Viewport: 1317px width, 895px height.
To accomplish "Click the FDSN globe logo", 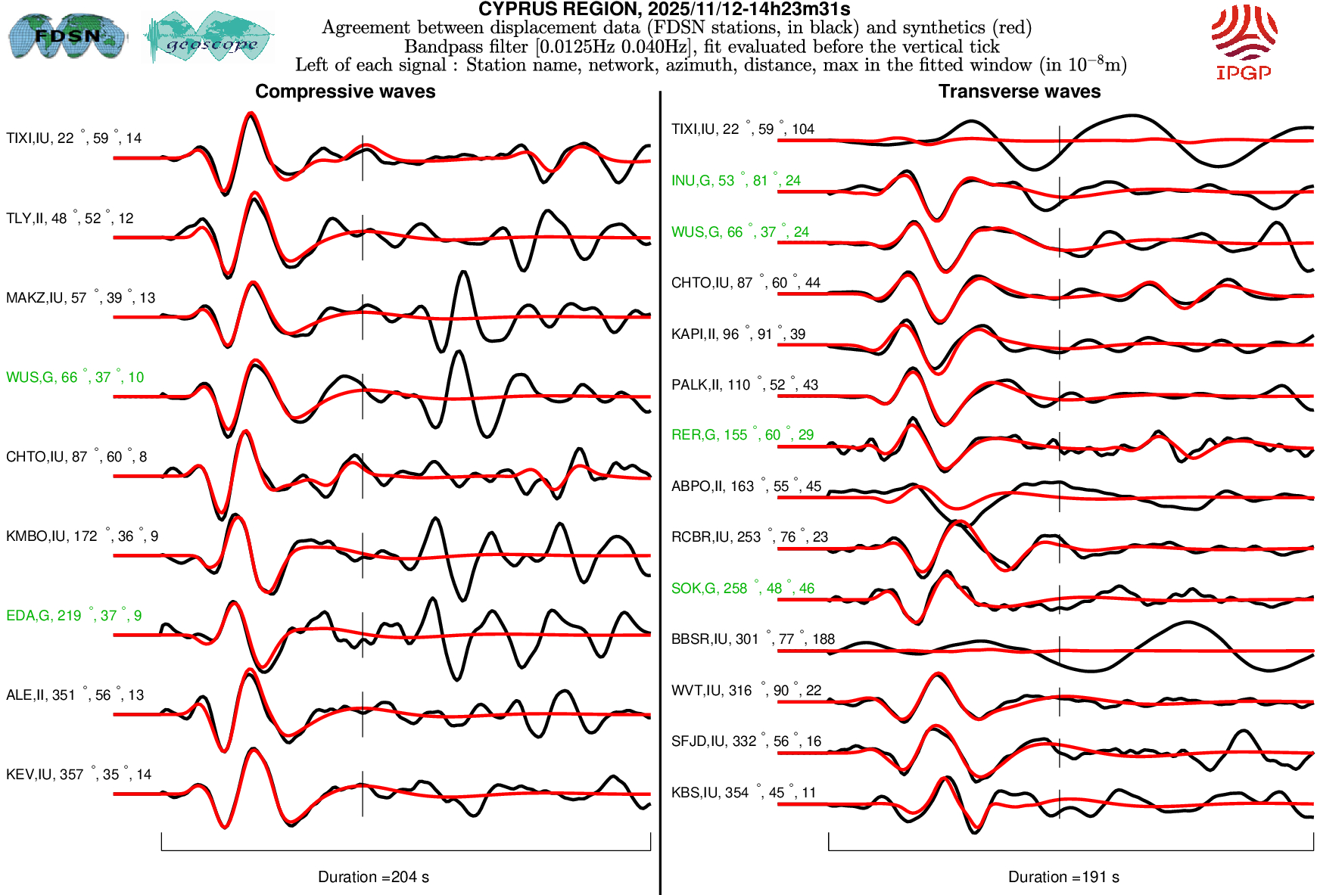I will [67, 36].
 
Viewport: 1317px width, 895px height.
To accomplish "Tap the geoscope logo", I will [210, 37].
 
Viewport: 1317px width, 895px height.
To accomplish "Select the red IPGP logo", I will [1244, 42].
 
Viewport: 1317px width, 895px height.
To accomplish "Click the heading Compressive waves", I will [345, 92].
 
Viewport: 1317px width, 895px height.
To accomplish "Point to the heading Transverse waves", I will [1020, 92].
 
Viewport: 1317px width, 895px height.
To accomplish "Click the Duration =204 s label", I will [373, 877].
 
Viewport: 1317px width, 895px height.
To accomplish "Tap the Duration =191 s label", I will [1063, 877].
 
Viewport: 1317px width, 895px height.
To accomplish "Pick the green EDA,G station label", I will [73, 616].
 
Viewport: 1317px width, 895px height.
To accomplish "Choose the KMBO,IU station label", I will [82, 536].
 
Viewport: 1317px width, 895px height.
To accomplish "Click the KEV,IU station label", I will [79, 775].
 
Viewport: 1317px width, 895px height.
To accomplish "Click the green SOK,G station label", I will [743, 589].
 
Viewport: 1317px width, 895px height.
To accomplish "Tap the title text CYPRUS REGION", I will [664, 9].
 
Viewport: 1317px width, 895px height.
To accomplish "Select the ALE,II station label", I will [74, 695].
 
